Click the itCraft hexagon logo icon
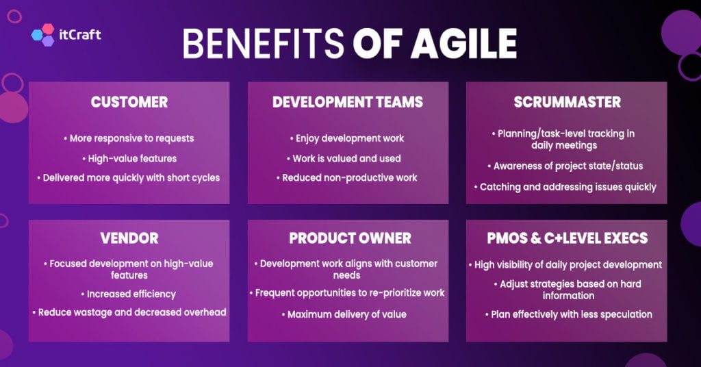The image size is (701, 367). (x=42, y=35)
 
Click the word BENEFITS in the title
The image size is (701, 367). (x=264, y=44)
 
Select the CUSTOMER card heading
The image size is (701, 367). (x=129, y=103)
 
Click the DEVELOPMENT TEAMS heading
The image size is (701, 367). (x=348, y=103)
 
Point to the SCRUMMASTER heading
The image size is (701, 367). (x=567, y=103)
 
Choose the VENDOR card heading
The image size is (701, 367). (x=129, y=238)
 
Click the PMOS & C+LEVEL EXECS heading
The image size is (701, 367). (x=567, y=238)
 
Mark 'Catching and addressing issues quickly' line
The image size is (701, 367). (x=568, y=187)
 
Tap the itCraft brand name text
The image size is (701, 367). (x=81, y=34)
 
